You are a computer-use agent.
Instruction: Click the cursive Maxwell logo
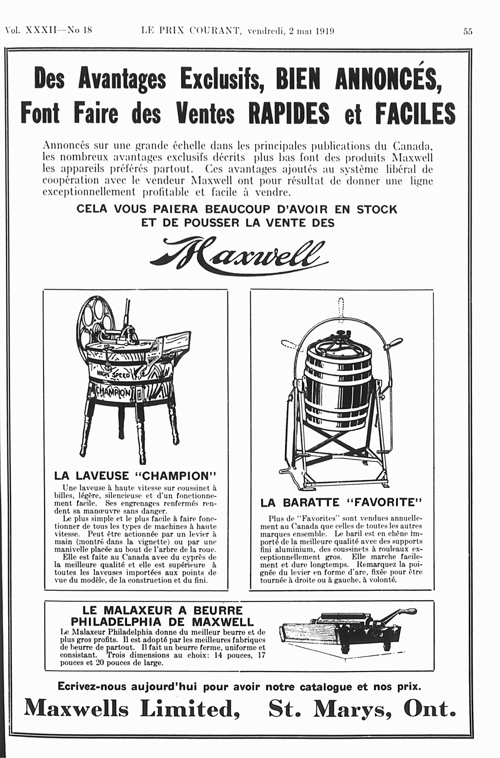coord(239,255)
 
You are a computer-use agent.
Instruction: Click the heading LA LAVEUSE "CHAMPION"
coord(135,476)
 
